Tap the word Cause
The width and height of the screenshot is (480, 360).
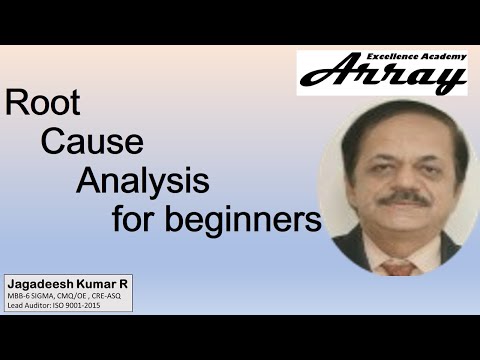tap(89, 142)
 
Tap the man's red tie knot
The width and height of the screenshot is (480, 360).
tap(400, 267)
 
